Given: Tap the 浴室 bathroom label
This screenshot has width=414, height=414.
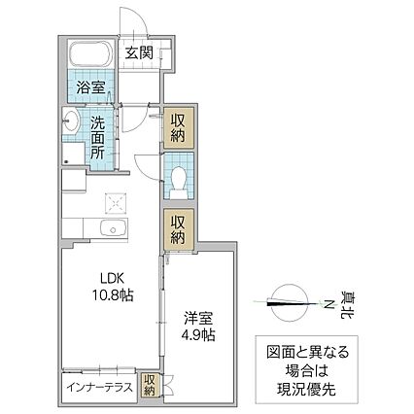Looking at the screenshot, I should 92,86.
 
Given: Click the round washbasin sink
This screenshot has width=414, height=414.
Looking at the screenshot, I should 71,122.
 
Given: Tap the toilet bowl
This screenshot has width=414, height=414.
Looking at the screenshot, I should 178,179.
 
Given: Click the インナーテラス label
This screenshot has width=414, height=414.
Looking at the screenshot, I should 99,385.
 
